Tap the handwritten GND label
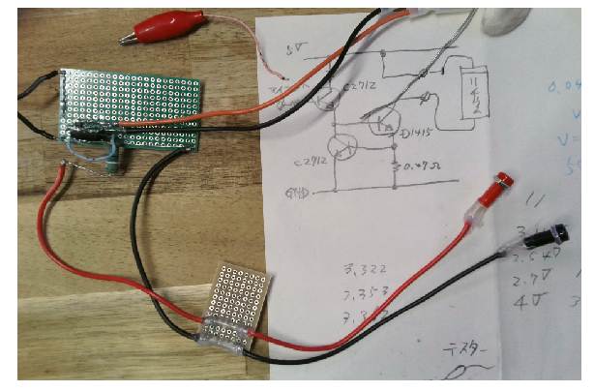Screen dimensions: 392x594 (x=298, y=192)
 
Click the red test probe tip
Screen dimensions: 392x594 (x=502, y=181)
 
